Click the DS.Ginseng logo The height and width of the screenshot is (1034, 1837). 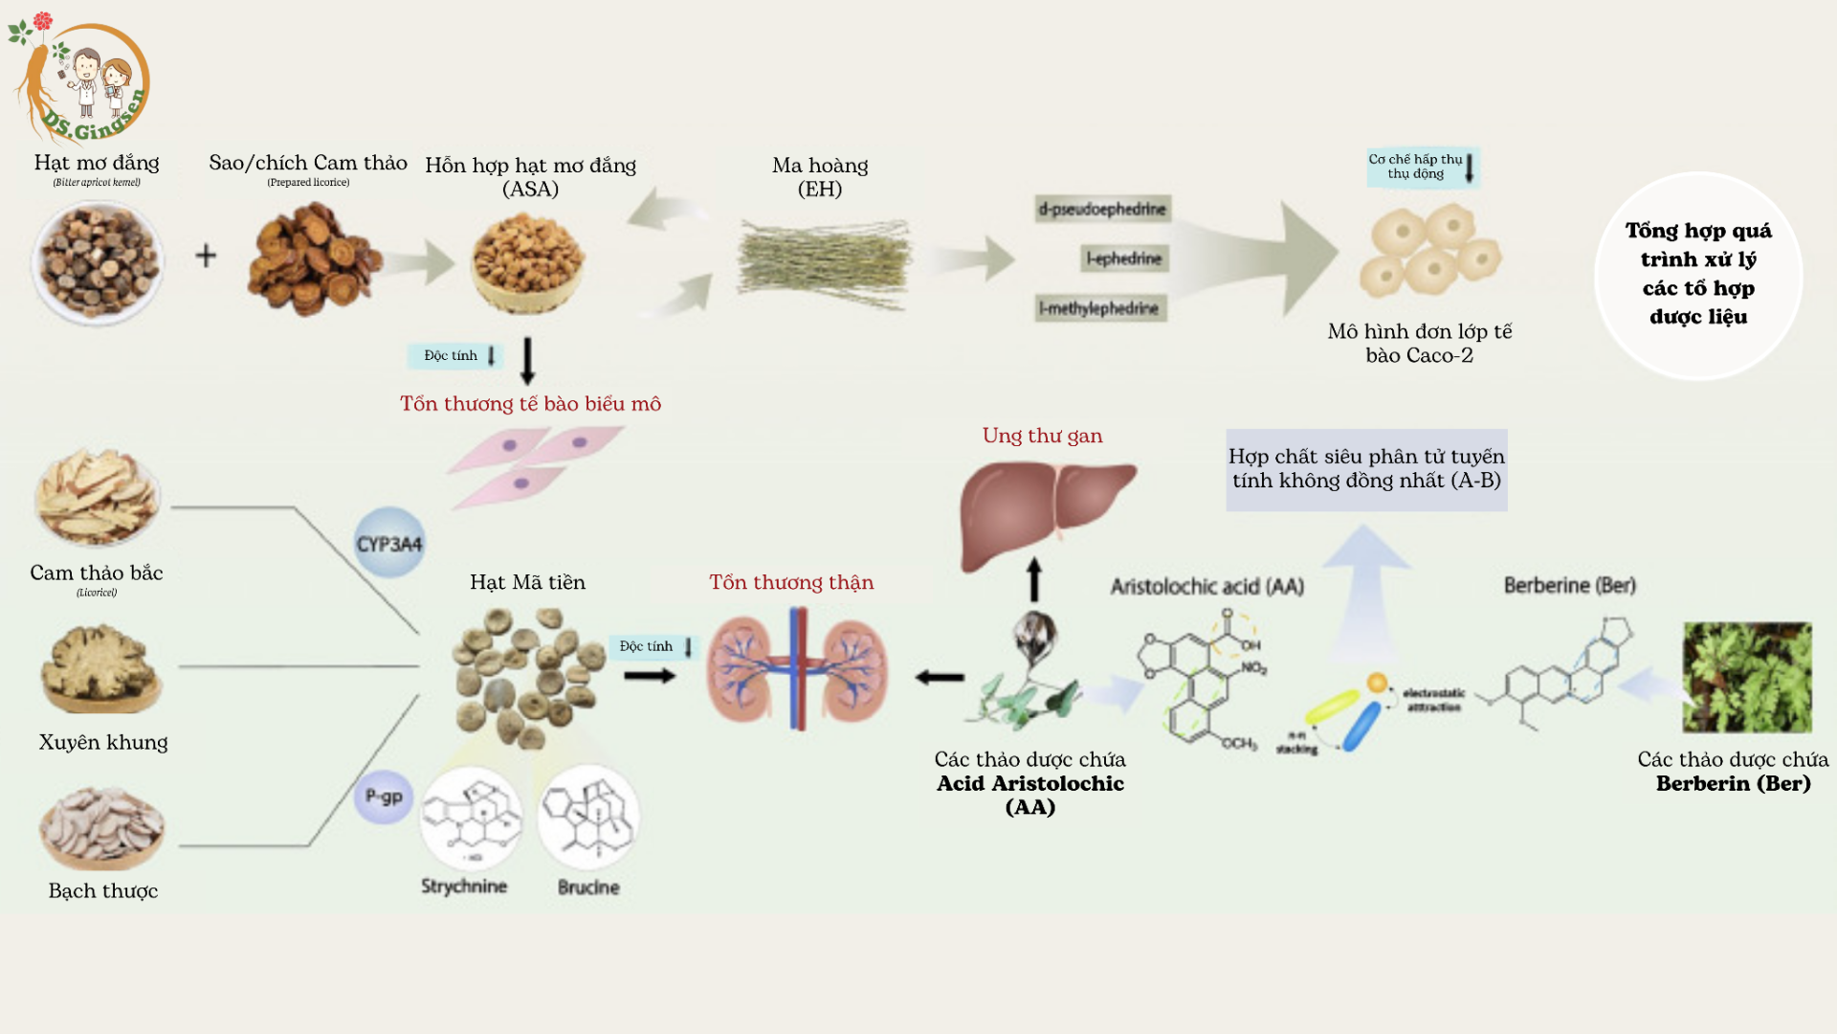pos(80,79)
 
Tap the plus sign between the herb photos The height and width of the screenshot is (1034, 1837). pos(206,256)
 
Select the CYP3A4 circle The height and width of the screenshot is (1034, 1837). pos(389,543)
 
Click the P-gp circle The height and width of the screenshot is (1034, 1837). pos(384,797)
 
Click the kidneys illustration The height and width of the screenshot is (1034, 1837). pos(797,669)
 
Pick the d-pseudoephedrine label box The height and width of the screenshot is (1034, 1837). pos(1102,209)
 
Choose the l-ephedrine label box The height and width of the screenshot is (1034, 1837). pos(1125,258)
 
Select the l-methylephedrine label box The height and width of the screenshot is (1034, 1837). pos(1100,308)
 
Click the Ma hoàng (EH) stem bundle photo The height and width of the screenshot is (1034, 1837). pos(824,261)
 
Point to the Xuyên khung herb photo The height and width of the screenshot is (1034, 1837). pos(100,668)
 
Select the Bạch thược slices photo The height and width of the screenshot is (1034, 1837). pos(101,827)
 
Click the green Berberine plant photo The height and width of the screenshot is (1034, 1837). pos(1747,677)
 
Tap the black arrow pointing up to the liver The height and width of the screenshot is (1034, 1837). pos(1034,579)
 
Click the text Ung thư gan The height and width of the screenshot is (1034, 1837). pos(1042,436)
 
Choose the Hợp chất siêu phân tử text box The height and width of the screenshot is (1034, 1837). pos(1366,469)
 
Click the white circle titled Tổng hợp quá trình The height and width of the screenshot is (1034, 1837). pos(1698,275)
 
